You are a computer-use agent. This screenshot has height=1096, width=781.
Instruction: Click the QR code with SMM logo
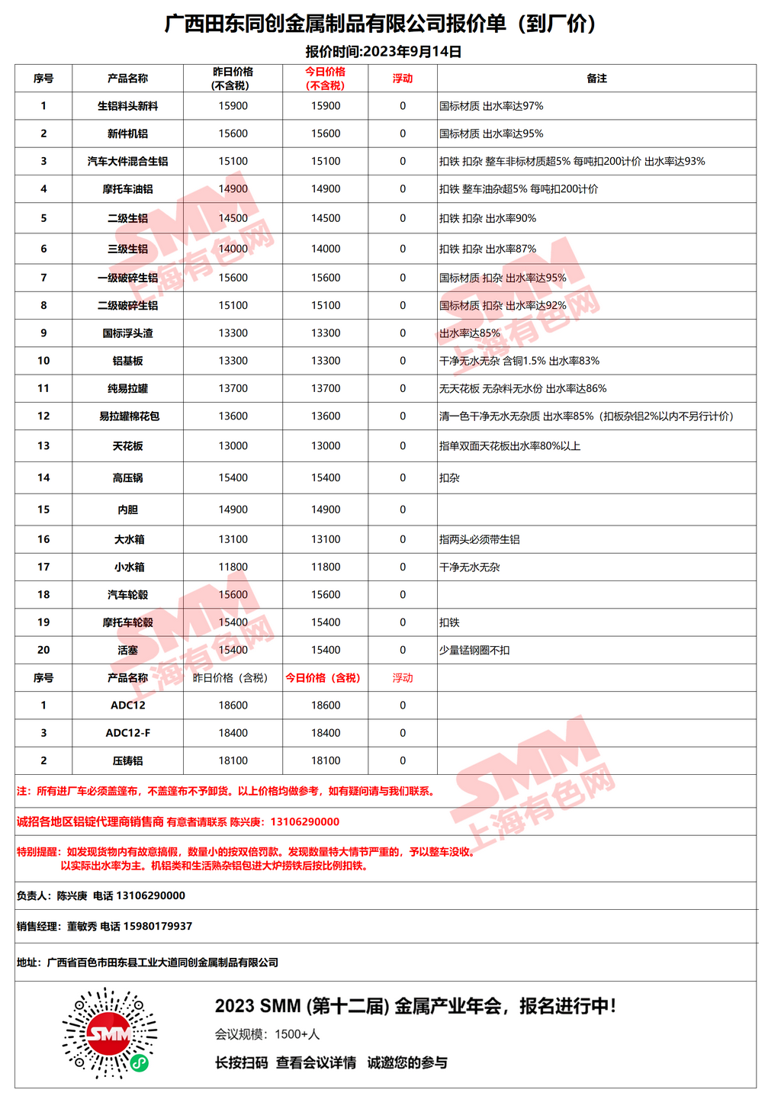tap(110, 1033)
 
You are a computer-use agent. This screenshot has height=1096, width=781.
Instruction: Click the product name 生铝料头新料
tap(127, 106)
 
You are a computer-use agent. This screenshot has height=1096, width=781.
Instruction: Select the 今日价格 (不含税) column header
tap(326, 78)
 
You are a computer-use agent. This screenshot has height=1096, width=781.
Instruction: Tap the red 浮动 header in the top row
tap(403, 78)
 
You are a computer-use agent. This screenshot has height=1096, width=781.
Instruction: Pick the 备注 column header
tap(596, 78)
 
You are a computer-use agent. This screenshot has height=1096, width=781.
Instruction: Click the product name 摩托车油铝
tap(127, 189)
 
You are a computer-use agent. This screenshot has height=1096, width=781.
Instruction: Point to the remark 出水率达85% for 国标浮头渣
tap(470, 333)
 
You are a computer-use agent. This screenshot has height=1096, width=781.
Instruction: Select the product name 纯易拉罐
tap(127, 389)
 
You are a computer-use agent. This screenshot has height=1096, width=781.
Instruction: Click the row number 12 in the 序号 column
tap(43, 416)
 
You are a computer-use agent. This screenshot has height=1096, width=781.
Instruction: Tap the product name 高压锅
tap(127, 478)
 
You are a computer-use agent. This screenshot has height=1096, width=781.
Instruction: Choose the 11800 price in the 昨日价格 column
tap(233, 567)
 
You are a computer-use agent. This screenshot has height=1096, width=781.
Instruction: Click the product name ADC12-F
tap(127, 733)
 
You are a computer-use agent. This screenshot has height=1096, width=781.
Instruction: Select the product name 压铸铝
tap(127, 761)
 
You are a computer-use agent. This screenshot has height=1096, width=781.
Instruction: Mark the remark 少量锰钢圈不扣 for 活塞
tap(474, 651)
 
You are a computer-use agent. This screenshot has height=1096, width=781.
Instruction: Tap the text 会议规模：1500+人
tap(267, 1035)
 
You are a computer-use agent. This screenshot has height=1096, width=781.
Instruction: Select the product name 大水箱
tap(129, 540)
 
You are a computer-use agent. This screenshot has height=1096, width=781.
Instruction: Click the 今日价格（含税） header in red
tap(323, 678)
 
